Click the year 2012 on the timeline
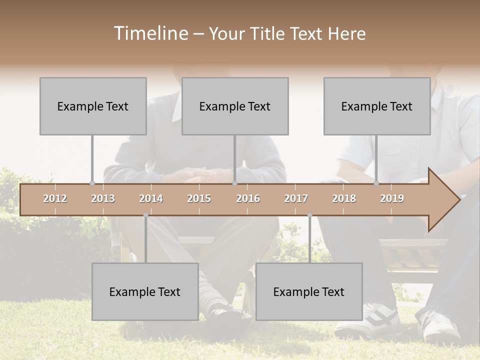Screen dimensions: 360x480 pos(55,199)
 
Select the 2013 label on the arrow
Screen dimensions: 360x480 pos(103,199)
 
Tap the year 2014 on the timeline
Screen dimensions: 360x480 pos(151,199)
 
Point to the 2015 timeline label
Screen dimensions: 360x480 pos(199,199)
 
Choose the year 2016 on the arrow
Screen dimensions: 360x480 pos(248,199)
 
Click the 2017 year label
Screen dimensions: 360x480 pos(296,199)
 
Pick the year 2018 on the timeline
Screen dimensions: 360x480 pos(344,199)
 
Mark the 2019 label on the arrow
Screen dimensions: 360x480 pos(392,199)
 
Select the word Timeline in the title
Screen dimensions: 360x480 pos(150,33)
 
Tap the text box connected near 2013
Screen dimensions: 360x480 pos(93,106)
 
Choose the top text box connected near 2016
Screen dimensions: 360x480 pos(235,106)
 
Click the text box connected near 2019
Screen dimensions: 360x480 pos(377,106)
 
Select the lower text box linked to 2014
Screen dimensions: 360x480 pos(145,291)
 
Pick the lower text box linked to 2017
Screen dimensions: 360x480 pos(309,291)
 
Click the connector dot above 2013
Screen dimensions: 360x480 pos(92,183)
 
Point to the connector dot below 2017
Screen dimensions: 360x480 pos(309,215)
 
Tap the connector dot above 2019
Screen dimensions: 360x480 pos(376,183)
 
